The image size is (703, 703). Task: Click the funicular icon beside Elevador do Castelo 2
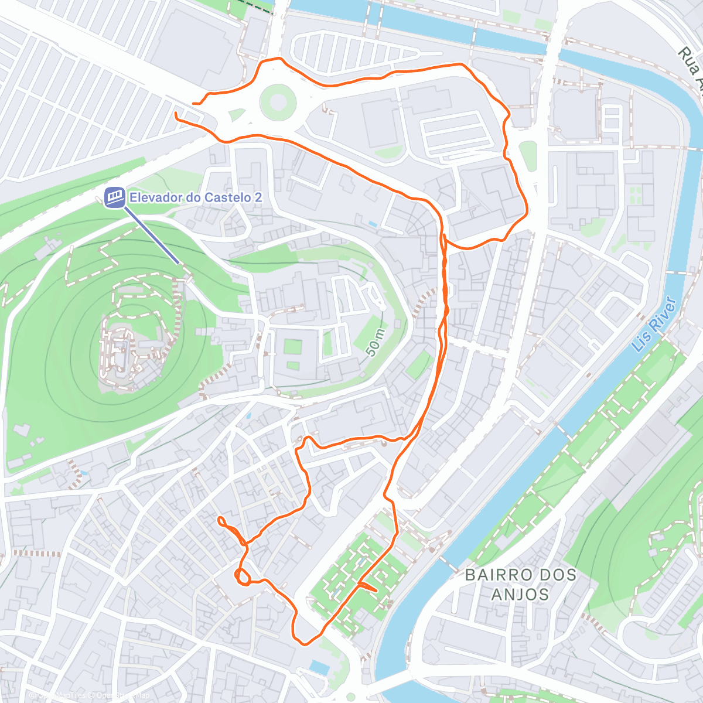pyautogui.click(x=115, y=197)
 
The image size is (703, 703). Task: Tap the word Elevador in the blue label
pyautogui.click(x=154, y=197)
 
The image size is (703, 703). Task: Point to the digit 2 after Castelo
pyautogui.click(x=258, y=197)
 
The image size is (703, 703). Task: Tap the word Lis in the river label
pyautogui.click(x=641, y=340)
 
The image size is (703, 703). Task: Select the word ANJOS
pyautogui.click(x=520, y=595)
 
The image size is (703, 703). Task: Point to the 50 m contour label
pyautogui.click(x=375, y=343)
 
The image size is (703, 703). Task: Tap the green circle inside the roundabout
pyautogui.click(x=277, y=100)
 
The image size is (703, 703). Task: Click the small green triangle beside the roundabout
pyautogui.click(x=236, y=115)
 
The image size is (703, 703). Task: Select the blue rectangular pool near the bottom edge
pyautogui.click(x=320, y=667)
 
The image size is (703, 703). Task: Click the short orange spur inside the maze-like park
pyautogui.click(x=367, y=586)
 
